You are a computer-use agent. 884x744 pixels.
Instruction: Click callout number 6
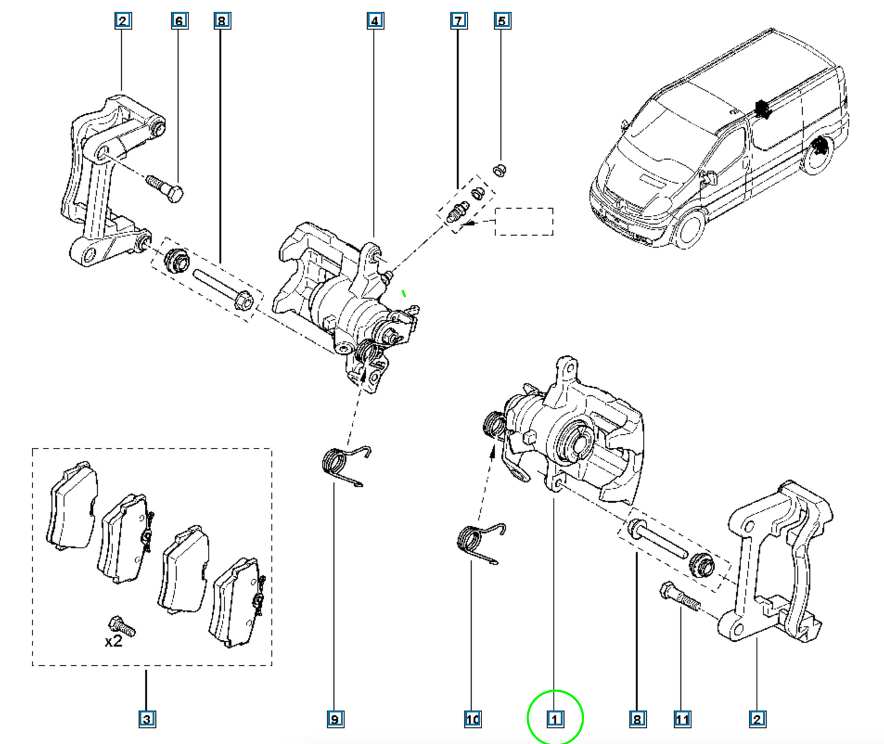tap(179, 21)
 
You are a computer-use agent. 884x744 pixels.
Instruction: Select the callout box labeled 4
tap(375, 21)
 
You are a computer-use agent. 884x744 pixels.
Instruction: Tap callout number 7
tap(458, 21)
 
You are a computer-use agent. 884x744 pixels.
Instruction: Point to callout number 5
tap(502, 21)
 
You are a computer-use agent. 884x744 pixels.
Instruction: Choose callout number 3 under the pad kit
tap(147, 719)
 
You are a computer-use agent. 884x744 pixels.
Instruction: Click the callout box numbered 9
tap(335, 719)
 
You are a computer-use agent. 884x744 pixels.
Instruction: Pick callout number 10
tap(472, 719)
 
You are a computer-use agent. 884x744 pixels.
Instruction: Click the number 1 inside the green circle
tap(555, 719)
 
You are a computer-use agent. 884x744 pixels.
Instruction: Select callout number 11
tap(682, 719)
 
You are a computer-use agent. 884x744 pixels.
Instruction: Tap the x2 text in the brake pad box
tap(113, 642)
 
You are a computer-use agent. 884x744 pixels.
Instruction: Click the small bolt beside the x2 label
tap(122, 627)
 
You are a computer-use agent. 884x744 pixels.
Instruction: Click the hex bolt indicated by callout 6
tap(165, 189)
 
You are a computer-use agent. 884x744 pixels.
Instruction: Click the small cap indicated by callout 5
tap(500, 169)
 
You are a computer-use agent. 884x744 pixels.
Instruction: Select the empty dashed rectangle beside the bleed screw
tap(524, 221)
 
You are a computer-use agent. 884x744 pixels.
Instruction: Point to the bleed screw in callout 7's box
tap(457, 212)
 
